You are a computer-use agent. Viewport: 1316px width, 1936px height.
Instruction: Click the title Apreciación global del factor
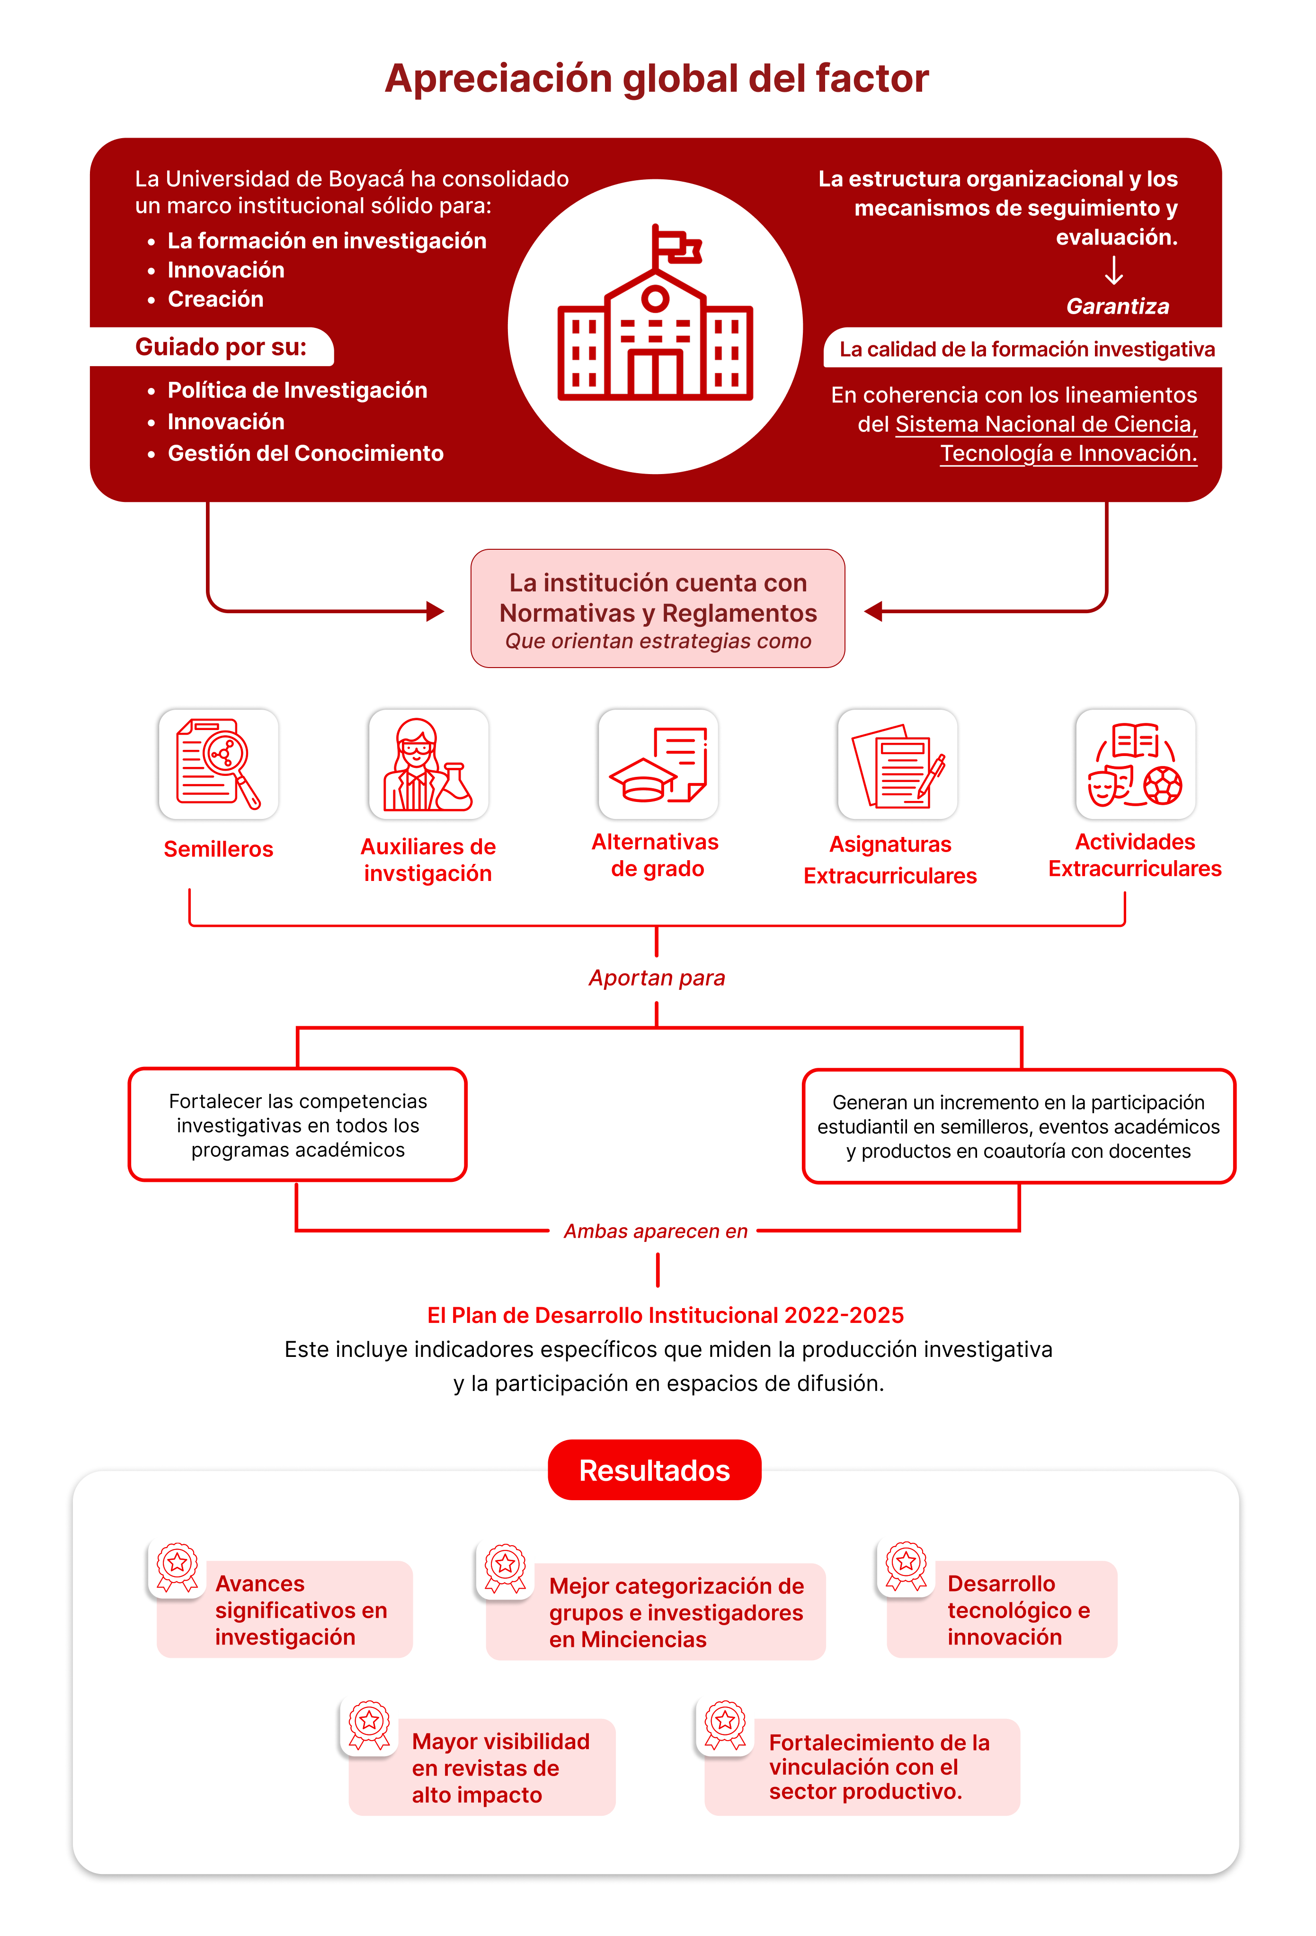pyautogui.click(x=657, y=79)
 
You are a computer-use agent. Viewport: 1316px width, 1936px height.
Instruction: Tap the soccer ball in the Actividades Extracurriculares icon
pyautogui.click(x=1163, y=785)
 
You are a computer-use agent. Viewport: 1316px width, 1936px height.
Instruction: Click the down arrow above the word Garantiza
pyautogui.click(x=1113, y=271)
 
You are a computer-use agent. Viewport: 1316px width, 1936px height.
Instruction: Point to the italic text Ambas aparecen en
pyautogui.click(x=656, y=1231)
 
